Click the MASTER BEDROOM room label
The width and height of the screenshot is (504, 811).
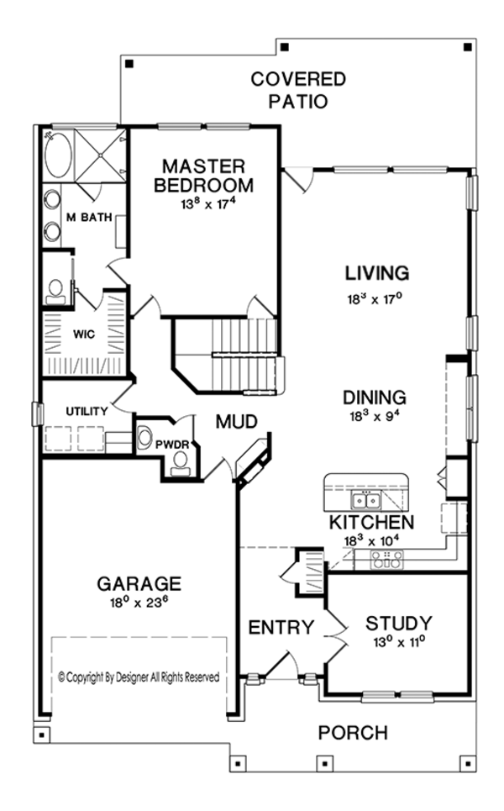pyautogui.click(x=204, y=174)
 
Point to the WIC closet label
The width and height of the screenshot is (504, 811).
pyautogui.click(x=83, y=334)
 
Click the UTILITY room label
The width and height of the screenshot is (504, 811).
pyautogui.click(x=87, y=411)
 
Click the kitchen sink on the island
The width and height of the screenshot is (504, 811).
pyautogui.click(x=365, y=502)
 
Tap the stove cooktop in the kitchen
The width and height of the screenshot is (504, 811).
pyautogui.click(x=386, y=560)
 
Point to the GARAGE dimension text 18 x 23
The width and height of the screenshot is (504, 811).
pyautogui.click(x=139, y=602)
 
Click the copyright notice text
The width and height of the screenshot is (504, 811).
pyautogui.click(x=139, y=676)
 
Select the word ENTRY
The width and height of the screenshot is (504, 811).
pyautogui.click(x=281, y=627)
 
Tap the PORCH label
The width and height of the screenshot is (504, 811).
pyautogui.click(x=353, y=732)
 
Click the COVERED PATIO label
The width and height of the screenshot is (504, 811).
pyautogui.click(x=298, y=90)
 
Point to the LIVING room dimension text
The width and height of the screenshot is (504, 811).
pyautogui.click(x=376, y=297)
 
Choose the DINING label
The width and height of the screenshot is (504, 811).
pyautogui.click(x=375, y=398)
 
